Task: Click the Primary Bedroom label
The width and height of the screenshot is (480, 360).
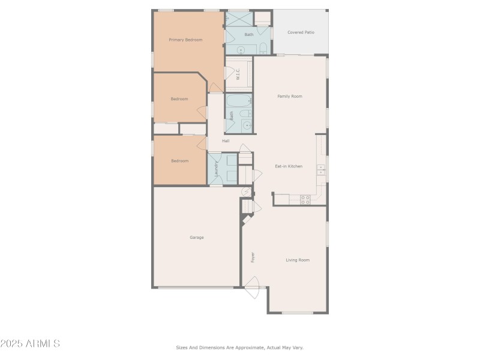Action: (185, 40)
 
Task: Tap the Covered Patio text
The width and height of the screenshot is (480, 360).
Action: (301, 32)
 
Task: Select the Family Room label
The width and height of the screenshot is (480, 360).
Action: (289, 96)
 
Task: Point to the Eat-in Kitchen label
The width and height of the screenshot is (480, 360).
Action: (289, 166)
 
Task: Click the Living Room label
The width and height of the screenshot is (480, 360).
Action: (298, 260)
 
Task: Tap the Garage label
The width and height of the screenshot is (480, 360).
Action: (197, 237)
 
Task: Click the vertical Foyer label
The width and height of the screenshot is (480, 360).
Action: (253, 257)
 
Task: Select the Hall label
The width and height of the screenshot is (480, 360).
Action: (226, 141)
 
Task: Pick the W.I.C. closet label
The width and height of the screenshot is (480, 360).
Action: (238, 74)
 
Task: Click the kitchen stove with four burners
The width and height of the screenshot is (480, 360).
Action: (305, 200)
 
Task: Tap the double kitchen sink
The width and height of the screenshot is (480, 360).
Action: (321, 170)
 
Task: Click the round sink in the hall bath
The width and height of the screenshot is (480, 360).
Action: (246, 125)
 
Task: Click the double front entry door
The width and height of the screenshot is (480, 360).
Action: (252, 284)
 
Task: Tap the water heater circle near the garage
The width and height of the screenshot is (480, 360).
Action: (246, 191)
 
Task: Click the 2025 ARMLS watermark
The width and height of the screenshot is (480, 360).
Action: (30, 344)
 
